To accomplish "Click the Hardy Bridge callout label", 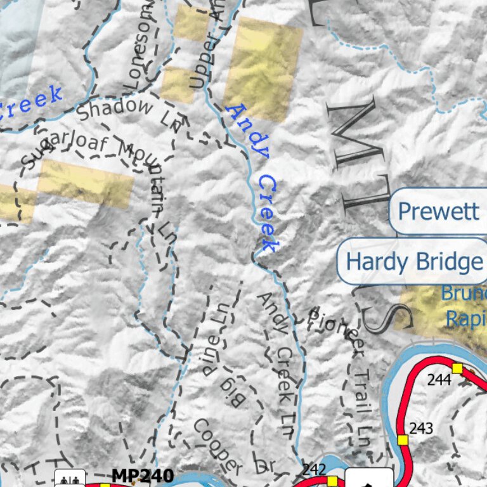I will [413, 261].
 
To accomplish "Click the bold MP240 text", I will [143, 475].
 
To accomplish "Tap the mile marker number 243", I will [421, 428].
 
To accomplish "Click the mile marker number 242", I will [314, 469].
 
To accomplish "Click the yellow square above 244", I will [457, 368].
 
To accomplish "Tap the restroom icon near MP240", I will [70, 479].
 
